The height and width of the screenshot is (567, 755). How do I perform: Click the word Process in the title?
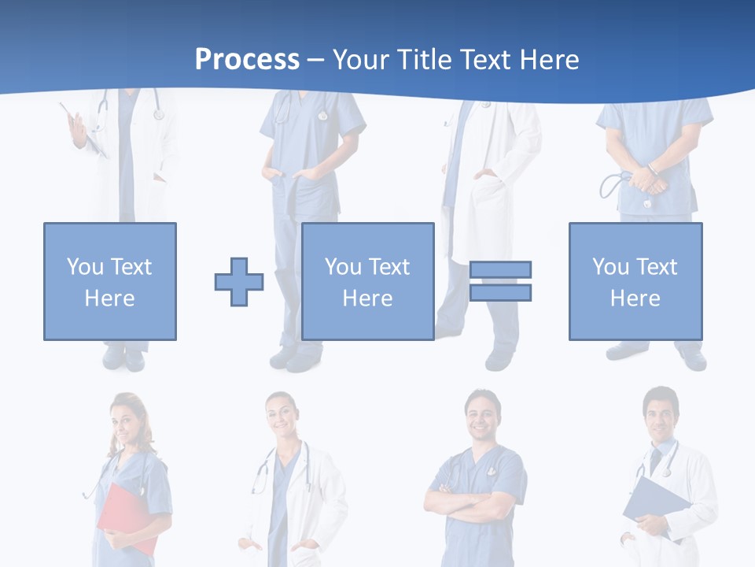tap(247, 59)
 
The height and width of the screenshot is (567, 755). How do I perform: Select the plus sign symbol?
tap(239, 282)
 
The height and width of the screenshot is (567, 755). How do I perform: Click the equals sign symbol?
tap(500, 281)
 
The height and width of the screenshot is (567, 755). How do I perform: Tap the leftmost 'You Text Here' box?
tap(110, 281)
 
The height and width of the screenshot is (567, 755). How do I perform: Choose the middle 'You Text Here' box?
tap(368, 281)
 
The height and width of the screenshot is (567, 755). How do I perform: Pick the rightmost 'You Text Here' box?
tap(635, 281)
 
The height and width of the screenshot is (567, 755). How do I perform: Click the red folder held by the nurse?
tap(126, 516)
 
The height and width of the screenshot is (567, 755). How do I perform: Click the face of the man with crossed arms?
tap(481, 414)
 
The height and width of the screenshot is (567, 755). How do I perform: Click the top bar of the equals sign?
tap(500, 270)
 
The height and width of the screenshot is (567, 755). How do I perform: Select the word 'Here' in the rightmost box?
tap(635, 298)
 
